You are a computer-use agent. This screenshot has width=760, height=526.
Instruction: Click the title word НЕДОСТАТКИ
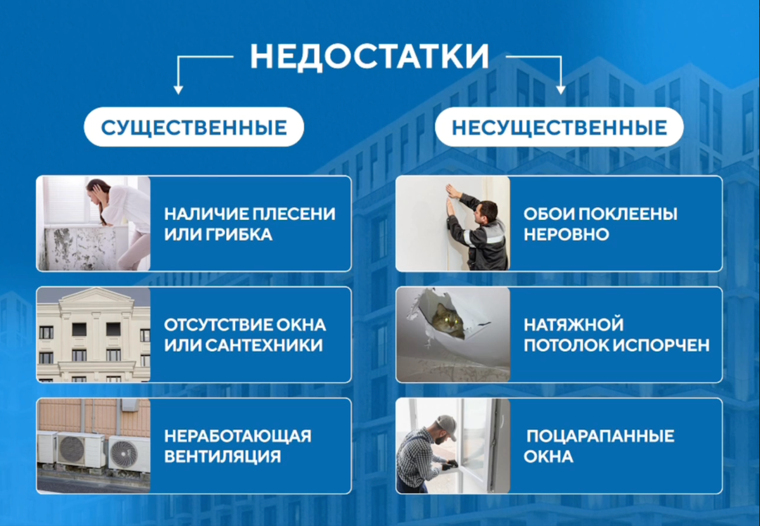(369, 56)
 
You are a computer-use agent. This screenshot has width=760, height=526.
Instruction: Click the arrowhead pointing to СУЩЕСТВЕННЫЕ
(178, 89)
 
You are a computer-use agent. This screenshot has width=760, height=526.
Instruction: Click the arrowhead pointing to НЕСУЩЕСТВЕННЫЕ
(560, 89)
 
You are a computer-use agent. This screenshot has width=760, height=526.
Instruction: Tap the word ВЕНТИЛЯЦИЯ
(222, 456)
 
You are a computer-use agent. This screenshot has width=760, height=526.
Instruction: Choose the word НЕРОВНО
(566, 234)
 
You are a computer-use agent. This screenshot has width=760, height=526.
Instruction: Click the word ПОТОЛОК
(560, 345)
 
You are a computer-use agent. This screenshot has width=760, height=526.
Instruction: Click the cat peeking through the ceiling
(448, 319)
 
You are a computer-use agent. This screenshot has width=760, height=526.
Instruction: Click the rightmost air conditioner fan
(129, 453)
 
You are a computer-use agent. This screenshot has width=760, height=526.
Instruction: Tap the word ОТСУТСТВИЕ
(217, 325)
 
